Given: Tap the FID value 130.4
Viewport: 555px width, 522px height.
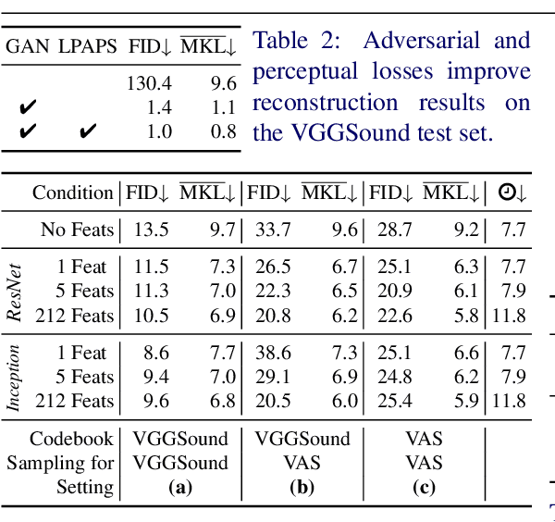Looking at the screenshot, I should [149, 84].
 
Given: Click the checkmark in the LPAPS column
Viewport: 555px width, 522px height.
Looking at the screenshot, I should [88, 131].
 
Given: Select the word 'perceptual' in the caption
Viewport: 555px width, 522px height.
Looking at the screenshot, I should [302, 71].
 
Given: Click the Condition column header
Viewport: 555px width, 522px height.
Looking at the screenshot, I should [72, 193].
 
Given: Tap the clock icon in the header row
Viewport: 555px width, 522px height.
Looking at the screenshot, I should [508, 193].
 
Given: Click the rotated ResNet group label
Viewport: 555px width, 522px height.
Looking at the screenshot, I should [15, 291].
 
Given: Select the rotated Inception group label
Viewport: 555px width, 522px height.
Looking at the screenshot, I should [15, 377].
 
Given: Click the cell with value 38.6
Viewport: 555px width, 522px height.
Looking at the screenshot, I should [273, 353].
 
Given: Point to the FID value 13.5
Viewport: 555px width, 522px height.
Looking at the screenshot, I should [151, 229].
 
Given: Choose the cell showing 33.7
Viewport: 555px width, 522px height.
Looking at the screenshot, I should [273, 229].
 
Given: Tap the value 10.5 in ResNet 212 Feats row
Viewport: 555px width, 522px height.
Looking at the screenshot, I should [151, 316].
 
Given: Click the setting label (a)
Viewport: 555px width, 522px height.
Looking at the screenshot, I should [179, 487].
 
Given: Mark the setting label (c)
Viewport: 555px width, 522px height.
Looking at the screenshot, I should [425, 487].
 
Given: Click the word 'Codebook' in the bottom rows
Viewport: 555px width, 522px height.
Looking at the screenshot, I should [71, 439].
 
